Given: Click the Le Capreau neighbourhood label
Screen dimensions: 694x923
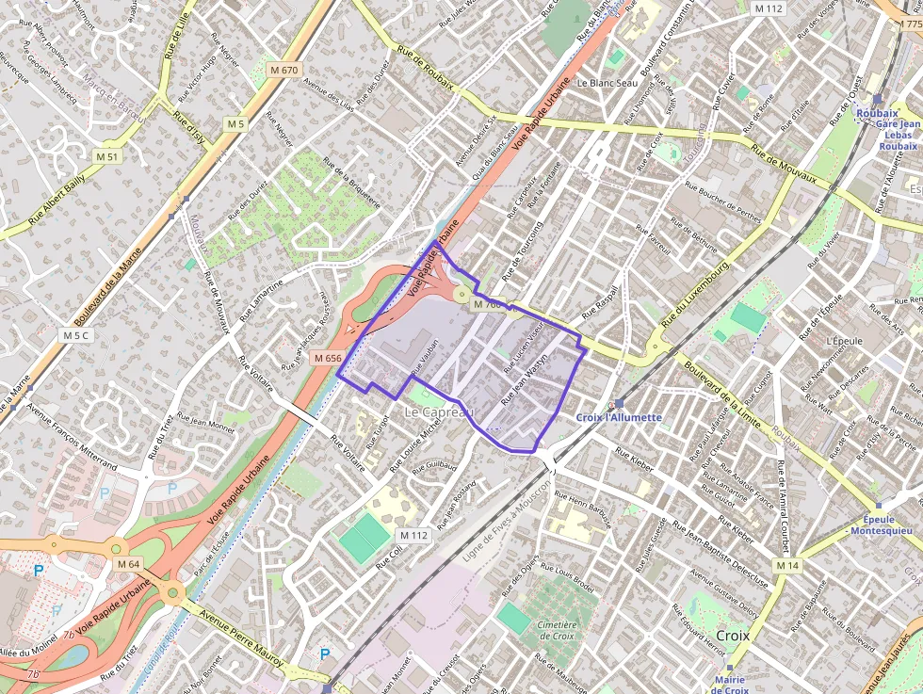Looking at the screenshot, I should pyautogui.click(x=439, y=412).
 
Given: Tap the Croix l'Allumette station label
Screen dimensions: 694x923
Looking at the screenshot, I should pyautogui.click(x=619, y=416).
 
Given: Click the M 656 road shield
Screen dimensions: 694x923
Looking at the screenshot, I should pyautogui.click(x=328, y=358).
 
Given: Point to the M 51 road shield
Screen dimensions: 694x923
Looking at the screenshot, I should pyautogui.click(x=106, y=156).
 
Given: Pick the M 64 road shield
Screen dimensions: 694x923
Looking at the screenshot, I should pyautogui.click(x=128, y=564).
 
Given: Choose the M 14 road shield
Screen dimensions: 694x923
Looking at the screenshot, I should pyautogui.click(x=787, y=564).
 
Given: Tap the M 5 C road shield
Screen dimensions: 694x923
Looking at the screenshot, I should pyautogui.click(x=76, y=335).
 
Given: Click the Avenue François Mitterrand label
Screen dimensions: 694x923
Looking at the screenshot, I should pyautogui.click(x=72, y=438).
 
